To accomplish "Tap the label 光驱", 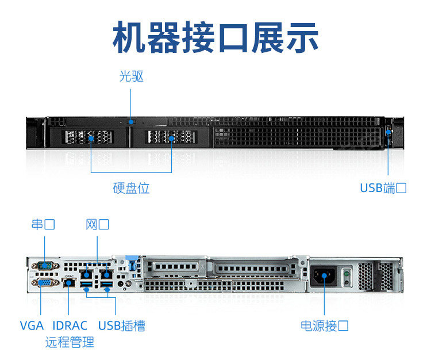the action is coord(131,76).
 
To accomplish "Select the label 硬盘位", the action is coord(131,188).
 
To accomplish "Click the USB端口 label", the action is coord(383,188).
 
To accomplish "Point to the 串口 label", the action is coord(43,224).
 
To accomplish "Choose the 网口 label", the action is coord(97,224).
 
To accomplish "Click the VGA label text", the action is coord(32,325).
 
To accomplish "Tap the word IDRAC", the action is coord(70,325).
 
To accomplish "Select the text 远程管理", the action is coord(70,343).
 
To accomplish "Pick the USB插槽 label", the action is coord(121,325).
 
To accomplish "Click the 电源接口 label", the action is coord(325,325).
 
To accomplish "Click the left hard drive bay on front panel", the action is coord(90,137).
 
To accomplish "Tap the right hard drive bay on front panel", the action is coord(171,137).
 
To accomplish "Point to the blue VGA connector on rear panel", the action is coord(43,283).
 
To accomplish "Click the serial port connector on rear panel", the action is coord(43,266).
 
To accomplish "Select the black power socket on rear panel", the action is coord(324,276).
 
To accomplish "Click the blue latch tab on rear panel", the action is coord(130,265).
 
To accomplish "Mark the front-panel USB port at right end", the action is coord(388,133).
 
